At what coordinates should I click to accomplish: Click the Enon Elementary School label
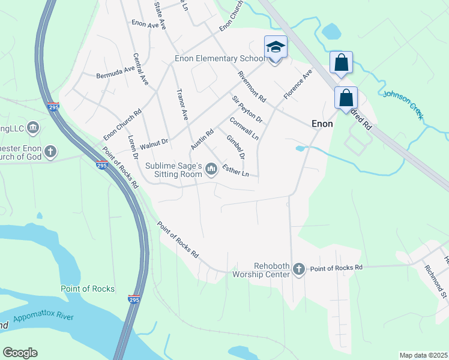(219, 59)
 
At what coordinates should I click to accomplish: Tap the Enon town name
(322, 123)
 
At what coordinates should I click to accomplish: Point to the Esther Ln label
(235, 170)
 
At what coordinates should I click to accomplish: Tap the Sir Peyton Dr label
(247, 108)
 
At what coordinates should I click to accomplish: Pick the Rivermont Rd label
(252, 86)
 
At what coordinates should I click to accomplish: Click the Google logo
(20, 353)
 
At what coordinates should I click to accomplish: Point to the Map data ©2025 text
(423, 355)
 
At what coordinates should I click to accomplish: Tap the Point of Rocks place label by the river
(88, 289)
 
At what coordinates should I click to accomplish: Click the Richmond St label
(436, 281)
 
